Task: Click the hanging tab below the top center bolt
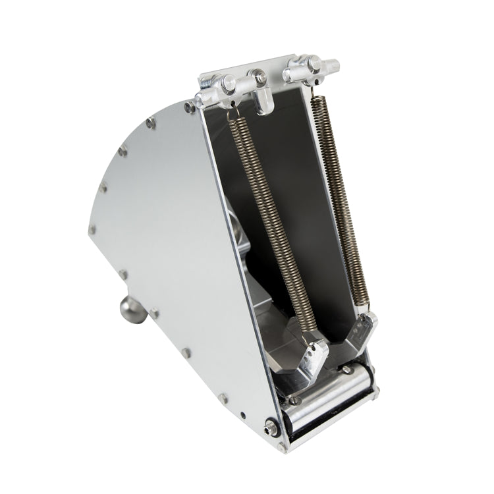265,102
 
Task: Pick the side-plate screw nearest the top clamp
189,107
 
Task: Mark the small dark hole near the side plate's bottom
244,416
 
